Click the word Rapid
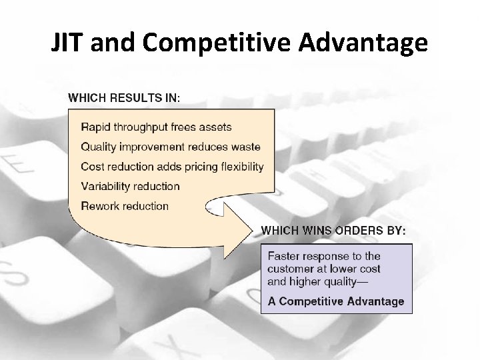point(95,127)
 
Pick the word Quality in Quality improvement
point(98,147)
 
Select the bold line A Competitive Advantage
point(336,301)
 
